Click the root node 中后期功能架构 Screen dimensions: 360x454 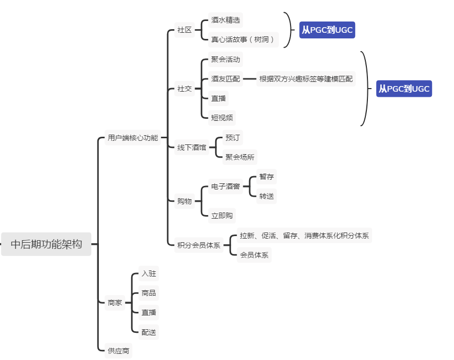[x=46, y=244]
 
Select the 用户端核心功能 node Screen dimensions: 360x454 [x=132, y=138]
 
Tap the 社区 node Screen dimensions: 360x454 [x=184, y=30]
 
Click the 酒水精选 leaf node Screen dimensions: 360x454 [x=225, y=20]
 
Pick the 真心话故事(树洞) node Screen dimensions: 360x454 [x=243, y=39]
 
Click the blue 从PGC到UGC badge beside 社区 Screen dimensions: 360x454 [x=327, y=30]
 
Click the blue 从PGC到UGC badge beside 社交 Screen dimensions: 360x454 [x=404, y=89]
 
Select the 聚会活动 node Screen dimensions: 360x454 [x=225, y=59]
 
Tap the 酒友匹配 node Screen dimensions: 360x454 [x=225, y=79]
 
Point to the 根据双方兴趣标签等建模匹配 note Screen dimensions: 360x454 [x=306, y=79]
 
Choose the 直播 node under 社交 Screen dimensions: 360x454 [x=218, y=98]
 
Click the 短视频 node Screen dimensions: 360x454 [x=222, y=118]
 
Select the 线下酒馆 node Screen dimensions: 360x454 [x=192, y=147]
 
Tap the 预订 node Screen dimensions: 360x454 [x=233, y=138]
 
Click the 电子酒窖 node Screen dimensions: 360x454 [x=225, y=186]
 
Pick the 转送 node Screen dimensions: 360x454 [x=266, y=196]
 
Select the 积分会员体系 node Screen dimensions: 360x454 [x=199, y=245]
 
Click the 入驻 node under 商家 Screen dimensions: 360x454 [x=149, y=273]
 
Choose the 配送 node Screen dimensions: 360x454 [x=149, y=332]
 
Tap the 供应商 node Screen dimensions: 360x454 [x=118, y=351]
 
